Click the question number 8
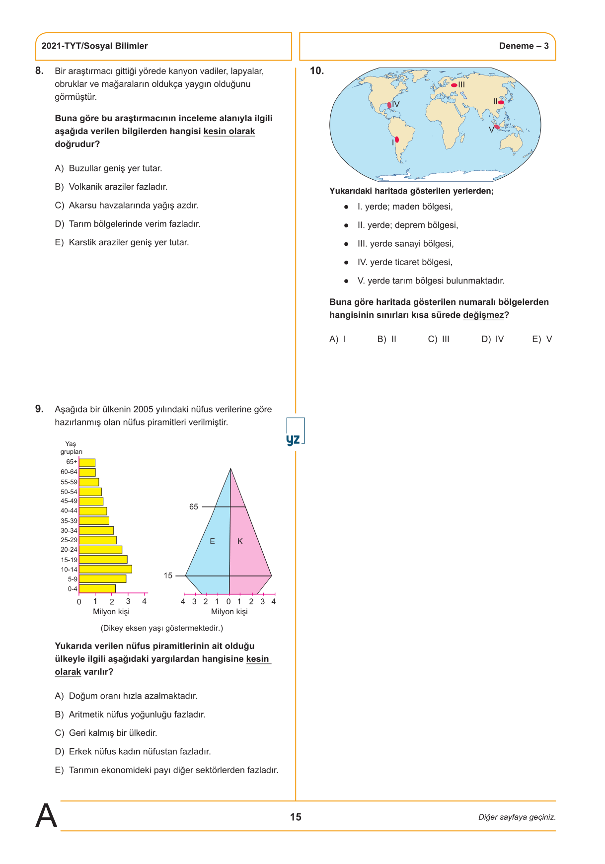click(x=39, y=71)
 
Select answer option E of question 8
click(x=122, y=242)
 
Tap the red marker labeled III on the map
click(x=454, y=85)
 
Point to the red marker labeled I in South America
click(x=397, y=140)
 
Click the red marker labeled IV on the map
click(x=389, y=105)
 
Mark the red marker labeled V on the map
click(x=497, y=127)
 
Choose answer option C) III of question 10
click(x=439, y=339)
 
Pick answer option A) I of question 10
click(x=338, y=339)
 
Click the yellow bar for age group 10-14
click(x=105, y=569)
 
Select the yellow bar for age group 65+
click(x=87, y=462)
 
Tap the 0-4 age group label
click(x=73, y=589)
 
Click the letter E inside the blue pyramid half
click(x=213, y=541)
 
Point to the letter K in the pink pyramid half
click(x=240, y=541)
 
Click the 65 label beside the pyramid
click(x=194, y=506)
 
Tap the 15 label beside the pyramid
click(x=168, y=576)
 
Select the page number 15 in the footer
click(x=296, y=817)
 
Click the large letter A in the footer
click(x=46, y=816)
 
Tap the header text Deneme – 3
click(x=524, y=46)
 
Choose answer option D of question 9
click(x=133, y=751)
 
